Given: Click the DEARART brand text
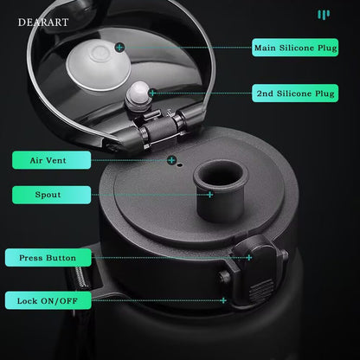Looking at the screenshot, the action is click(43, 22).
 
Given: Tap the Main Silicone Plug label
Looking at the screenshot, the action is click(295, 48).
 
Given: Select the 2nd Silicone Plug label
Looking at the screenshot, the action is click(295, 93).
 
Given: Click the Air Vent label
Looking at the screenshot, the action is click(51, 160).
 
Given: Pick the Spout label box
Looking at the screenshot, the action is click(51, 195).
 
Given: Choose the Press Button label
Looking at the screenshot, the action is click(48, 258).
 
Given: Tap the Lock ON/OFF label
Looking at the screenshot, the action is click(48, 300).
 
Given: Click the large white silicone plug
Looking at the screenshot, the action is click(99, 65).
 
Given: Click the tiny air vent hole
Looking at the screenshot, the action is click(180, 165).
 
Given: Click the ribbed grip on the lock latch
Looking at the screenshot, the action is click(261, 291).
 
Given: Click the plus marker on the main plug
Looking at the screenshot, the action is click(119, 48).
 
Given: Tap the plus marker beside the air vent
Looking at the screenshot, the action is click(171, 160).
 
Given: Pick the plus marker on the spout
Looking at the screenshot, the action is click(210, 195).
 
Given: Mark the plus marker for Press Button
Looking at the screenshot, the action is click(249, 258).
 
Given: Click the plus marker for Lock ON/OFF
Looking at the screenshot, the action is click(223, 300).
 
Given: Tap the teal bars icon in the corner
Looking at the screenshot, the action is click(324, 15).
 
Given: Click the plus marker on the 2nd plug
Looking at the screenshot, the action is click(153, 93).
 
